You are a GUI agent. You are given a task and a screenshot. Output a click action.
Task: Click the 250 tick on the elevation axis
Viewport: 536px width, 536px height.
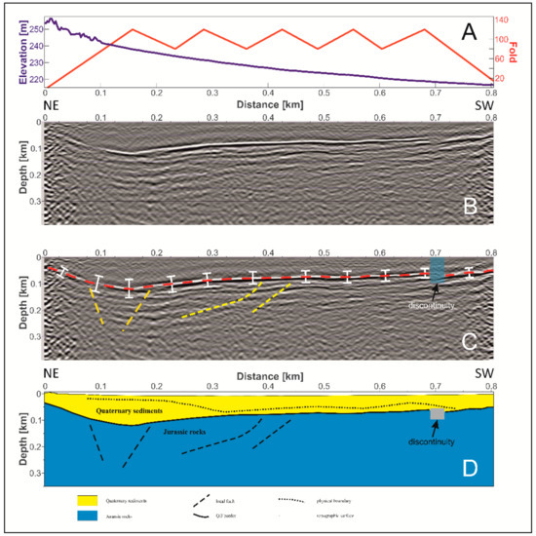pos(32,29)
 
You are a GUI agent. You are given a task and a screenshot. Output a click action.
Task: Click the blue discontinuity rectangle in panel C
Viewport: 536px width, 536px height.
pos(437,269)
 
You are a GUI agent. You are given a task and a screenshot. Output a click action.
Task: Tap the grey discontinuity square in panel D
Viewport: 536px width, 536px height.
pos(438,414)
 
